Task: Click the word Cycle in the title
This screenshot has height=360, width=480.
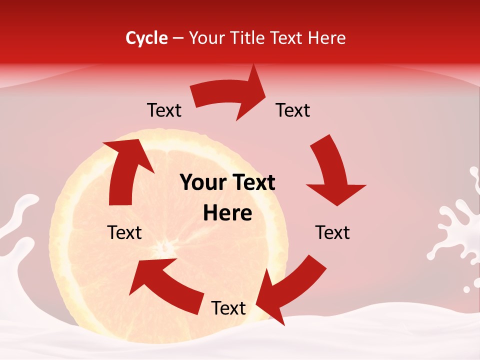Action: pos(146,38)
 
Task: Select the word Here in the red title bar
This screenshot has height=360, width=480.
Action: pos(326,38)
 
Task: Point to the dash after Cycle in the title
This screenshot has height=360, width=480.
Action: pos(178,38)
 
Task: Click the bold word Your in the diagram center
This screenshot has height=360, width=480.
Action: pos(199,182)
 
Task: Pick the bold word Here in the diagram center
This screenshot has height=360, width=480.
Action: pos(227,213)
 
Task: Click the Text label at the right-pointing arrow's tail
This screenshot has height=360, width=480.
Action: pos(164,110)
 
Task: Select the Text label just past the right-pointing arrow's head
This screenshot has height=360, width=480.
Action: pos(293,110)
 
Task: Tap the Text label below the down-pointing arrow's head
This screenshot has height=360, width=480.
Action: pos(332,232)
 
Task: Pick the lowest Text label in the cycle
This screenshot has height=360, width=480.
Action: pos(228,308)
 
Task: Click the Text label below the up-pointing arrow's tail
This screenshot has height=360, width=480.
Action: pos(124,232)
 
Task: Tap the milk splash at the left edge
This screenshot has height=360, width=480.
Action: pos(15,225)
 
